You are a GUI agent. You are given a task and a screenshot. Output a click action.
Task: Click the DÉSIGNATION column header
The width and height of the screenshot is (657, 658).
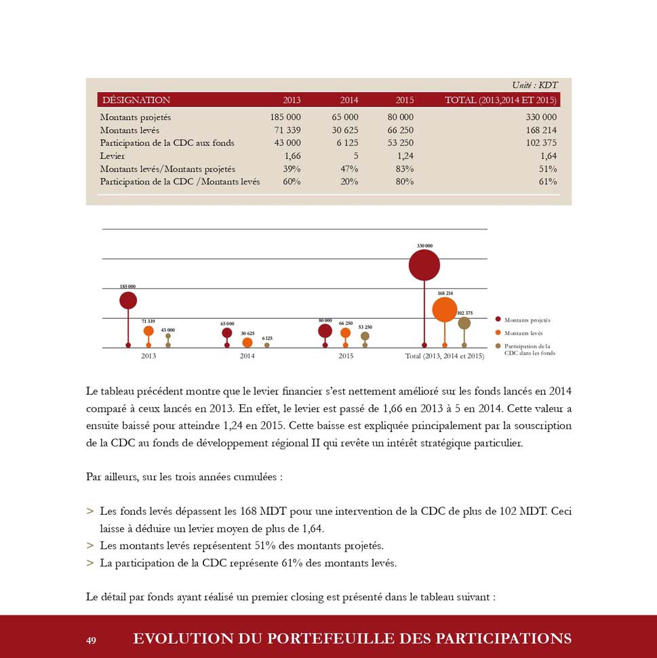pyautogui.click(x=136, y=100)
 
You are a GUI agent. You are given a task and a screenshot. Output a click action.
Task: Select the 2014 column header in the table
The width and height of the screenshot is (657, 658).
pyautogui.click(x=349, y=100)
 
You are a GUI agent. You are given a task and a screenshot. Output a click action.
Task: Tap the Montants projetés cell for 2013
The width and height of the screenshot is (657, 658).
pyautogui.click(x=285, y=117)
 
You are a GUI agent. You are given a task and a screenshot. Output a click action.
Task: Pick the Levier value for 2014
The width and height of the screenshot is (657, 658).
pyautogui.click(x=355, y=156)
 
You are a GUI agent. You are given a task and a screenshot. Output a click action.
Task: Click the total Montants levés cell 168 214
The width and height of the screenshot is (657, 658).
pyautogui.click(x=540, y=130)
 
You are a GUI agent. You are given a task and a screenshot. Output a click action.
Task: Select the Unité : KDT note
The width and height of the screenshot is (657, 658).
pyautogui.click(x=535, y=85)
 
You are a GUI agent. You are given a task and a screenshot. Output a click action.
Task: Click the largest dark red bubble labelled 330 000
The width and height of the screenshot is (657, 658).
pyautogui.click(x=424, y=265)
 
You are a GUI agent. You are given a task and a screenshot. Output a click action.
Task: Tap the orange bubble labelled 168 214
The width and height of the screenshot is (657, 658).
pyautogui.click(x=444, y=309)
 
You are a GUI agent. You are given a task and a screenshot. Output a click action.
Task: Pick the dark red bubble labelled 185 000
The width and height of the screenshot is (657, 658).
pyautogui.click(x=128, y=301)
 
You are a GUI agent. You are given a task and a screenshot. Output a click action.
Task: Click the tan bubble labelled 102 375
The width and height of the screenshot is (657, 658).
pyautogui.click(x=464, y=324)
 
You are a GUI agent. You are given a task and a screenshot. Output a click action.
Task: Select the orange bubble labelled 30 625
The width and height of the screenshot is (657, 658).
pyautogui.click(x=247, y=343)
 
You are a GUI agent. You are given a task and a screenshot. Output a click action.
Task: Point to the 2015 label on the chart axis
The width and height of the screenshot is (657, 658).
pyautogui.click(x=346, y=355)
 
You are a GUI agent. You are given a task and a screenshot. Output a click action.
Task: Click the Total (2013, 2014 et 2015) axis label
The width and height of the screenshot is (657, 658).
pyautogui.click(x=444, y=355)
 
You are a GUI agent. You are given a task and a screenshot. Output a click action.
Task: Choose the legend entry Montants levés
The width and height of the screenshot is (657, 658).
pyautogui.click(x=523, y=333)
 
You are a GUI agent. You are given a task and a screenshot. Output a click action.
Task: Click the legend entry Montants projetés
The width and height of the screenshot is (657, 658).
pyautogui.click(x=527, y=320)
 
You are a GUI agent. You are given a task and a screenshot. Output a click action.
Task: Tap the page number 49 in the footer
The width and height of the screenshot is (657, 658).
pyautogui.click(x=92, y=640)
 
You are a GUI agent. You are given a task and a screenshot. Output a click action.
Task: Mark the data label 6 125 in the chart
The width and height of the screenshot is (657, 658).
pyautogui.click(x=267, y=338)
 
